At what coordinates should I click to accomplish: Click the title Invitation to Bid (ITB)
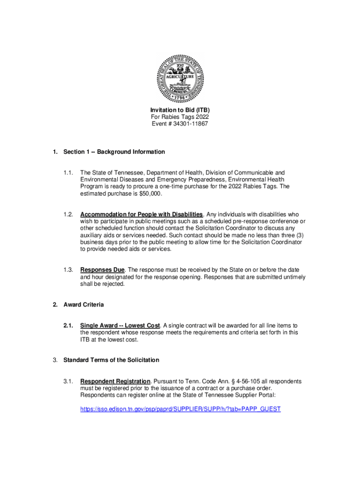180,110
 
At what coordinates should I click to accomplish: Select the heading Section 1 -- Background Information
114,152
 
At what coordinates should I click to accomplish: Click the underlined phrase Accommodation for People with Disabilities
142,214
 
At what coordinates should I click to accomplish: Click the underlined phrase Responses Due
102,270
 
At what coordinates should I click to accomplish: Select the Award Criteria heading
84,305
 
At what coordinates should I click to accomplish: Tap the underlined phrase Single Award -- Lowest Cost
121,325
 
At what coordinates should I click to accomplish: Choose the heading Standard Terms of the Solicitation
111,360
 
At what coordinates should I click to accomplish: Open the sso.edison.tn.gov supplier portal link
180,409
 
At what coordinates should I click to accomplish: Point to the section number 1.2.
68,214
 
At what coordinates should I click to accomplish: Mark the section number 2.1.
68,325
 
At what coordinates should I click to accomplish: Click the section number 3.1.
68,381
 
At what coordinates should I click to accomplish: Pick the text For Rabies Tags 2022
180,117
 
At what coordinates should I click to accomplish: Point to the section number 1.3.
68,270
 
